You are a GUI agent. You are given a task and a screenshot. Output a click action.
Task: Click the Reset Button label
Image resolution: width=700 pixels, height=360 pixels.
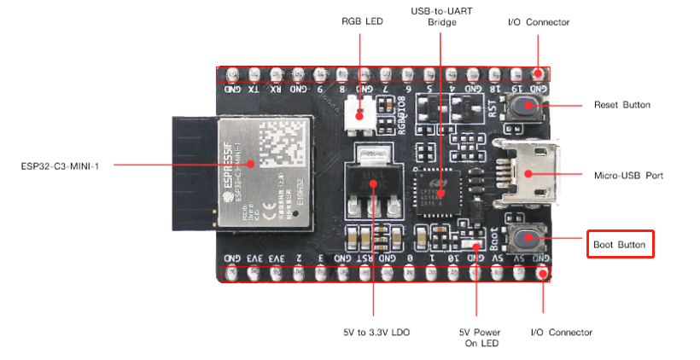pos(621,105)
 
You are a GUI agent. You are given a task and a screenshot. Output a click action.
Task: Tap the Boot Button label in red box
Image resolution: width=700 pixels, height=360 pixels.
pos(621,245)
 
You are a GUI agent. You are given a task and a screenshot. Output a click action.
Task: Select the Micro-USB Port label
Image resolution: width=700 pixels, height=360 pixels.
pos(628,175)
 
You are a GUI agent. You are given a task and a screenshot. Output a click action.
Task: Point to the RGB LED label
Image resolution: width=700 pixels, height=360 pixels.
pos(362,22)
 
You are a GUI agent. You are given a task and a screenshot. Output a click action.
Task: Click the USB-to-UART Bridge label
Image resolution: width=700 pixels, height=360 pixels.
pos(442,17)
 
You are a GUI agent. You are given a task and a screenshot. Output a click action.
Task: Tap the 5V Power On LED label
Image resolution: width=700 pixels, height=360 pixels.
pos(479,337)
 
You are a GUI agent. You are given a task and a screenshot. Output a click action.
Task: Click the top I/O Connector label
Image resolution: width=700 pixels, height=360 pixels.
pos(538,22)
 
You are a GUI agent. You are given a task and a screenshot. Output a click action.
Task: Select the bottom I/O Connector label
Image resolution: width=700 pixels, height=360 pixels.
pos(561,332)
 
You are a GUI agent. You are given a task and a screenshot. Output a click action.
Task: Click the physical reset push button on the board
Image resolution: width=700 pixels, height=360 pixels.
pos(528,107)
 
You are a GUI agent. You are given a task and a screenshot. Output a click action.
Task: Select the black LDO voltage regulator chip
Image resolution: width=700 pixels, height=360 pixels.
pos(374,184)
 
